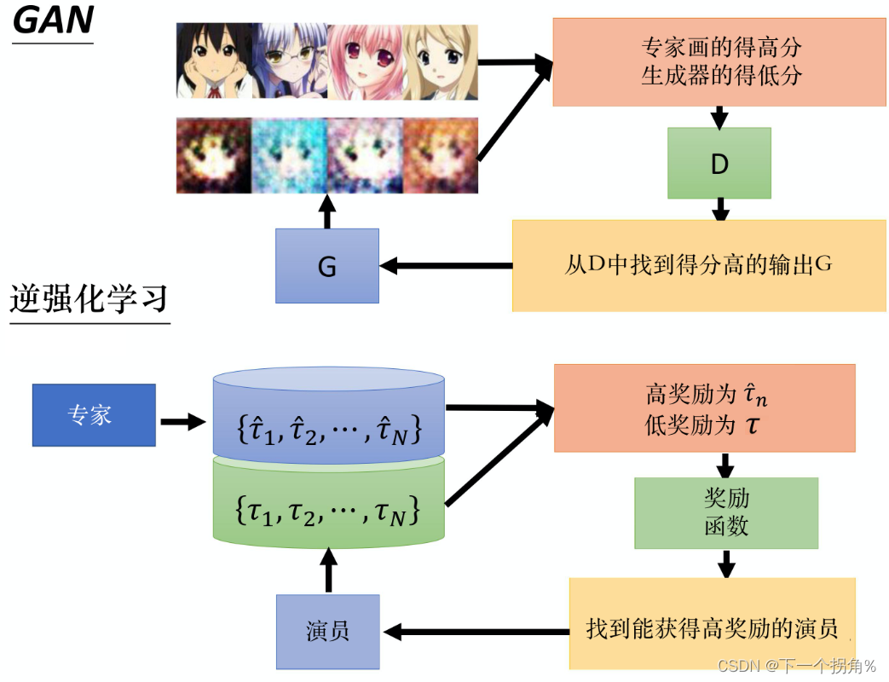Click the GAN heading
52,20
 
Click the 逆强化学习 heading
89,299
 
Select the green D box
719,164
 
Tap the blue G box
327,266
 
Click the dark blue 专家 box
94,415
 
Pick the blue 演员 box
328,632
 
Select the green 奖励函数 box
726,512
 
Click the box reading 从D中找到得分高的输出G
698,265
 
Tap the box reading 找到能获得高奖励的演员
712,630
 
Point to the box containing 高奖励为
704,408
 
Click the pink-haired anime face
365,61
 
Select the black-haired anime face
213,61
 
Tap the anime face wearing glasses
289,61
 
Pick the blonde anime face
440,61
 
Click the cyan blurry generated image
289,155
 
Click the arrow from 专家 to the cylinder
183,421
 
